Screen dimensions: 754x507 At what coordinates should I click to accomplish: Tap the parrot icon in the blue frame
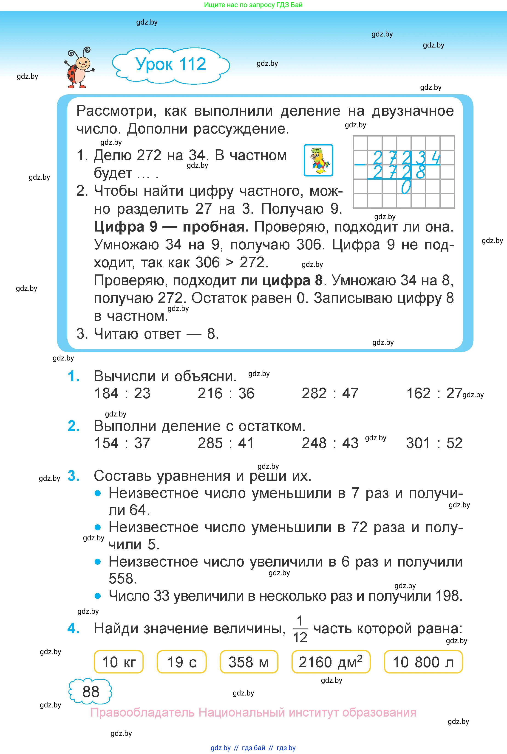[318, 160]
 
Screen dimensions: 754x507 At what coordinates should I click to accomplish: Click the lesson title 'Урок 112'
[171, 64]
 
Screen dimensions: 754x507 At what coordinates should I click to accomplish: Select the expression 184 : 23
[122, 393]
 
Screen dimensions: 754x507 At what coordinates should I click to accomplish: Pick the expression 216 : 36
[226, 393]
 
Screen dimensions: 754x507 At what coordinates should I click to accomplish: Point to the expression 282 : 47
[330, 393]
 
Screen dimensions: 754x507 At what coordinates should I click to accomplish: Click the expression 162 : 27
[434, 393]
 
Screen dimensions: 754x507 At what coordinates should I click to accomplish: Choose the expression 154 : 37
[122, 443]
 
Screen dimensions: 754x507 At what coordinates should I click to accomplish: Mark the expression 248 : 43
[330, 443]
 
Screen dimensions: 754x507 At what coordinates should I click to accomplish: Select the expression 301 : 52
[434, 443]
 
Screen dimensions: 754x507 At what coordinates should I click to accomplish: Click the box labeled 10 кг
[119, 662]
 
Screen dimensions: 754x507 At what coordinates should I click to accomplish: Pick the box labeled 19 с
[181, 662]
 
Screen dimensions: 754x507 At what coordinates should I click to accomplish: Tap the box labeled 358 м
[249, 662]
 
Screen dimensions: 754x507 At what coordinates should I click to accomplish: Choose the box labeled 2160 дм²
[330, 662]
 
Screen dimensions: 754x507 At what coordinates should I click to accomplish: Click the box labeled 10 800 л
[423, 662]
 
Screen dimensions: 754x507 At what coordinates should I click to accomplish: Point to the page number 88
[91, 691]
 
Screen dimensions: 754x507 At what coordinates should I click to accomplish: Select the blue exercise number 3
[74, 476]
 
